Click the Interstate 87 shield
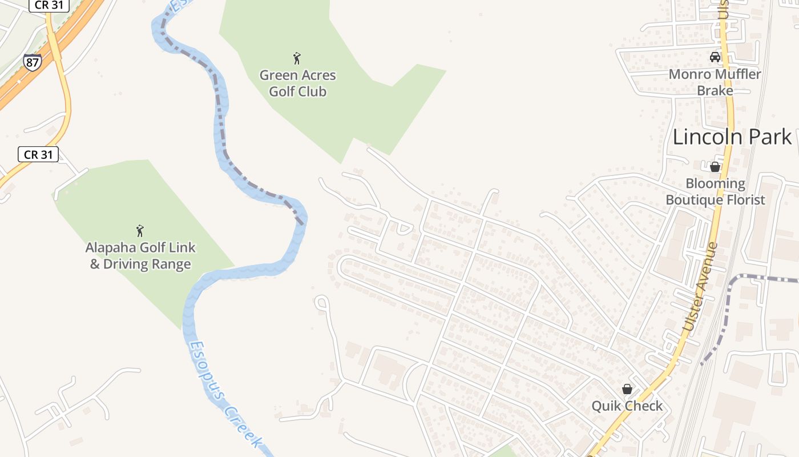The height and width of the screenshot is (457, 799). [x=33, y=62]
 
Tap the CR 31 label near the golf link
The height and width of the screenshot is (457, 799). [x=38, y=154]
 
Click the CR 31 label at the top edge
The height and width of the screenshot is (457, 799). [x=49, y=5]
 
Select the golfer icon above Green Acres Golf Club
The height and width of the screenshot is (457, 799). [x=297, y=58]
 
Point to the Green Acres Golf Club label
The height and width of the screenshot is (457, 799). [x=297, y=83]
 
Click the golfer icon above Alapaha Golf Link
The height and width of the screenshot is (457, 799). [x=140, y=231]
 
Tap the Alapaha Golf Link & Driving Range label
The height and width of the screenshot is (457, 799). [x=140, y=256]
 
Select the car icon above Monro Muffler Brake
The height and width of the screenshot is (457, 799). [x=715, y=57]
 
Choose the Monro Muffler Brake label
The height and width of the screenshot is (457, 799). [x=715, y=82]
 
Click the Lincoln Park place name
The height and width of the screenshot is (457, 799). [x=732, y=137]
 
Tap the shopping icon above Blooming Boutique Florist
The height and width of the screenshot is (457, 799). [x=715, y=167]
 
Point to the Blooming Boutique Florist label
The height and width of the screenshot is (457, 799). [x=715, y=192]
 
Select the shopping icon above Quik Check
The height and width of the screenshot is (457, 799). [x=627, y=389]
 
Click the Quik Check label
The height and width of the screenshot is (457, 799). [x=627, y=406]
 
